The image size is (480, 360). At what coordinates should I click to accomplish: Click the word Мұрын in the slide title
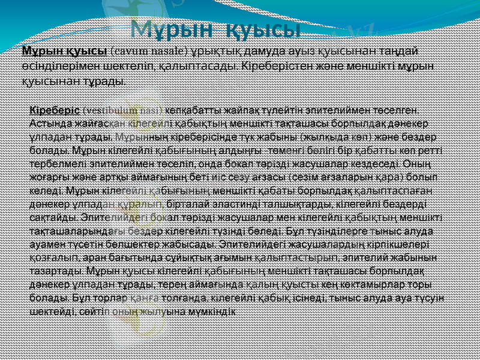[x=171, y=28]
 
